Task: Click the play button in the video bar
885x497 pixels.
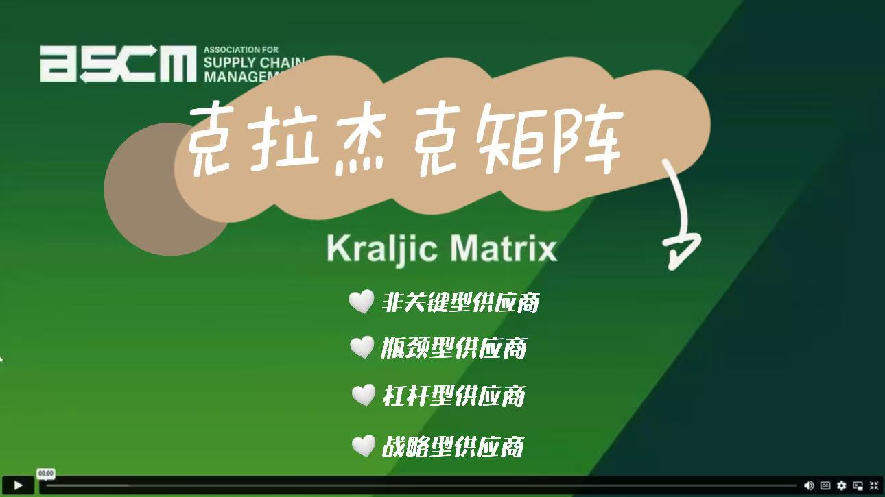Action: pyautogui.click(x=18, y=485)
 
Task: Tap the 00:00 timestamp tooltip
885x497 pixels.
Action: pyautogui.click(x=46, y=473)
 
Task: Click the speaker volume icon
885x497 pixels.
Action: pyautogui.click(x=809, y=485)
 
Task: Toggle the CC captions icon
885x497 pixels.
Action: pyautogui.click(x=825, y=485)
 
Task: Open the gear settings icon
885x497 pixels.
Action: pyautogui.click(x=842, y=485)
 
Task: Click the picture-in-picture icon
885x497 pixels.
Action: pyautogui.click(x=858, y=485)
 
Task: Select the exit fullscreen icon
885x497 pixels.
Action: pyautogui.click(x=874, y=485)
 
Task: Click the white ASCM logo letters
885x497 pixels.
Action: pyautogui.click(x=118, y=64)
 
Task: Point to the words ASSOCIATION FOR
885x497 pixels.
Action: pyautogui.click(x=241, y=50)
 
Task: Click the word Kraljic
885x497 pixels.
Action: pyautogui.click(x=381, y=249)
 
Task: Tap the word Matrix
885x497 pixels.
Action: pyautogui.click(x=504, y=248)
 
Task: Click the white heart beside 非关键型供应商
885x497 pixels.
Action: pyautogui.click(x=361, y=301)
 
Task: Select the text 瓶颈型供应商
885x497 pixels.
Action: pyautogui.click(x=453, y=348)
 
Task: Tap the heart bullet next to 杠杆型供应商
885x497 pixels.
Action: pyautogui.click(x=364, y=395)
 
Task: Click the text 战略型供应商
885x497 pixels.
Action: pyautogui.click(x=453, y=446)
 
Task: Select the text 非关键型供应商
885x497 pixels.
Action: pyautogui.click(x=460, y=302)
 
